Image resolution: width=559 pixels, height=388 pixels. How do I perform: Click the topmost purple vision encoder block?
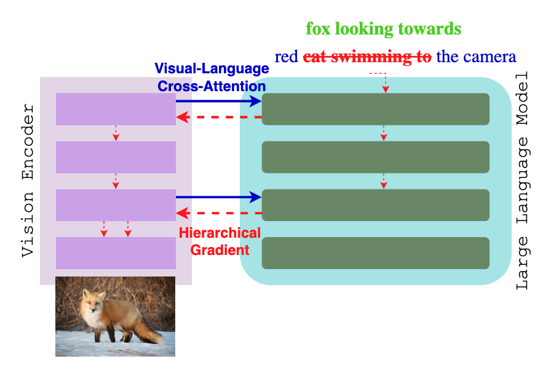[116, 109]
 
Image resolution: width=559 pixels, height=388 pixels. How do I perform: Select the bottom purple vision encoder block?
[116, 253]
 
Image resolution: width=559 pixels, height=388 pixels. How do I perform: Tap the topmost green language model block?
[375, 109]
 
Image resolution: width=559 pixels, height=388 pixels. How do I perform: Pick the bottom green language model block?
[375, 253]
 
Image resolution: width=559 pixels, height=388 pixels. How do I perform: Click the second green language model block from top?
[375, 157]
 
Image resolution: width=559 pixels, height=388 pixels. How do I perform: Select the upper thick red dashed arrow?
[219, 116]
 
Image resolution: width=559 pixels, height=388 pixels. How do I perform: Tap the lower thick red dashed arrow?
[219, 213]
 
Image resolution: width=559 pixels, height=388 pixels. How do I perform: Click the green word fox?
[320, 28]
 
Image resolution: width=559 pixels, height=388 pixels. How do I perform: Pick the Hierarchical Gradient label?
[220, 241]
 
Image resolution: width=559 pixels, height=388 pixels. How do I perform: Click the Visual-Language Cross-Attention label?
[212, 77]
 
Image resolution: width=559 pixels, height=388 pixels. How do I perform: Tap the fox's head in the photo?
[92, 302]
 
